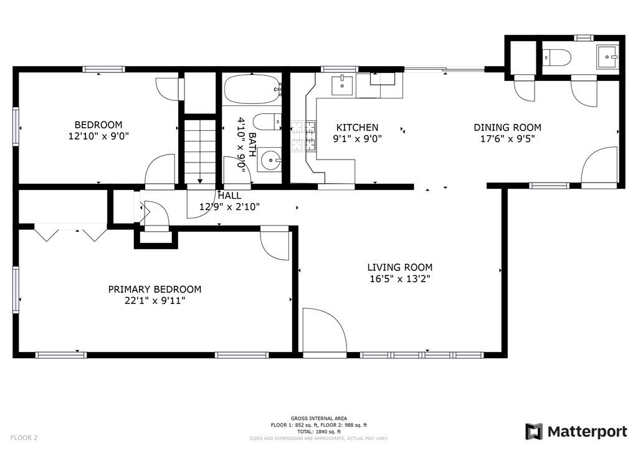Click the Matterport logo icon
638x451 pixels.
[x=534, y=432]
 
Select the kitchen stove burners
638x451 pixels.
[x=303, y=136]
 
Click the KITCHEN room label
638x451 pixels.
[x=357, y=127]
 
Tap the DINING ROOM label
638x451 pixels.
[x=507, y=127]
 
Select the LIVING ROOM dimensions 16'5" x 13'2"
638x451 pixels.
[x=399, y=279]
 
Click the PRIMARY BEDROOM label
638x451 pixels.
[x=155, y=289]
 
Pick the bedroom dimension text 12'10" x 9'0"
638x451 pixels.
[x=98, y=136]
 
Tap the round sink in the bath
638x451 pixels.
[x=269, y=159]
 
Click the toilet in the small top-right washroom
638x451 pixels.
[x=556, y=57]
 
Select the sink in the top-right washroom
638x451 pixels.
[x=607, y=57]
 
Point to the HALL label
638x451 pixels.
[x=229, y=196]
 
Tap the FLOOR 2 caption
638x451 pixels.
[x=24, y=438]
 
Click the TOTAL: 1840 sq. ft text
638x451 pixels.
[x=318, y=432]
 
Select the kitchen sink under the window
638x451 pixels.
[x=342, y=85]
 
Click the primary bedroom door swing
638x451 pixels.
[x=275, y=243]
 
